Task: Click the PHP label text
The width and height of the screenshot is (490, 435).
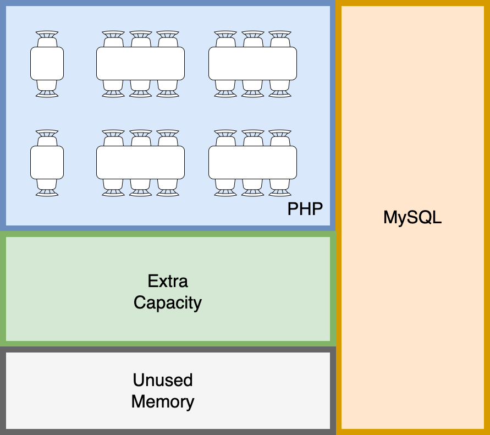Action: [x=305, y=209]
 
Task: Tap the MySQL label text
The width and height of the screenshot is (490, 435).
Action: [x=412, y=217]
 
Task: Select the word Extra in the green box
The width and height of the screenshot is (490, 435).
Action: [x=168, y=281]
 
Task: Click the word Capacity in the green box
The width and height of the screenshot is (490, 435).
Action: [x=168, y=302]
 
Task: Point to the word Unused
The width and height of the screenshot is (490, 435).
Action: [x=163, y=380]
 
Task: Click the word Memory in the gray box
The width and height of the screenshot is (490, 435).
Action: [x=163, y=401]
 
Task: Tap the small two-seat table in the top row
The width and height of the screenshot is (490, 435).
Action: [x=47, y=63]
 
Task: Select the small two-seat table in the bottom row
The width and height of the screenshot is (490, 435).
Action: [x=47, y=162]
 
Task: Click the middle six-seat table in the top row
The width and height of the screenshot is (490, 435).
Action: [x=140, y=63]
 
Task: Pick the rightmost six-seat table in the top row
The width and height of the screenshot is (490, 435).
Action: [x=252, y=63]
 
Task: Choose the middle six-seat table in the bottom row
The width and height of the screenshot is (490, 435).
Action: [x=140, y=162]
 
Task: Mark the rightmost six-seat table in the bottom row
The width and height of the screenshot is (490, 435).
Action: [x=252, y=162]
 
